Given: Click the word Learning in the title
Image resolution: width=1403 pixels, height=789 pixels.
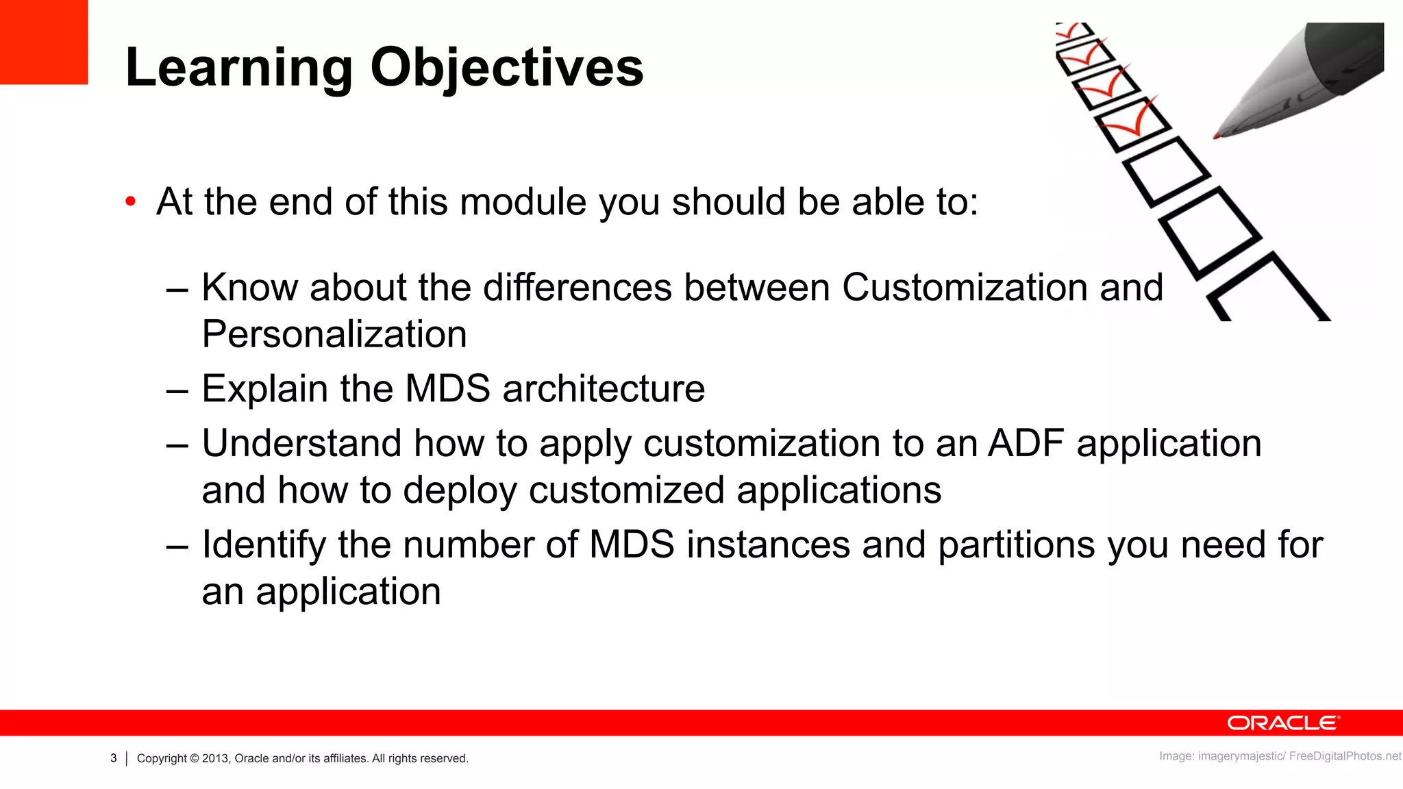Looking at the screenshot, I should [x=238, y=68].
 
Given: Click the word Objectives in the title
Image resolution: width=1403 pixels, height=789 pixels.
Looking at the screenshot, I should [x=507, y=68].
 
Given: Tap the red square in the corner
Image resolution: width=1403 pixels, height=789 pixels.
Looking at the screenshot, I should [x=43, y=42].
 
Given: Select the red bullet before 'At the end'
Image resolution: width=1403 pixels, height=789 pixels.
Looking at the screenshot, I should [x=130, y=202].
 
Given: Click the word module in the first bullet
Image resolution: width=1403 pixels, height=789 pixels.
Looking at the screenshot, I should [x=523, y=202].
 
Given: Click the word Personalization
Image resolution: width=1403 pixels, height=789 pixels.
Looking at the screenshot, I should [x=334, y=334].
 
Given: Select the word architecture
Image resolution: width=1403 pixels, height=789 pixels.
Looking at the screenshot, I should [x=604, y=388].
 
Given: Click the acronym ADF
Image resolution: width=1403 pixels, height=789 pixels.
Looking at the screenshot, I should [x=1026, y=443].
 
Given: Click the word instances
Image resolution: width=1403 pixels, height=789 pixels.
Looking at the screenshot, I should [x=769, y=545].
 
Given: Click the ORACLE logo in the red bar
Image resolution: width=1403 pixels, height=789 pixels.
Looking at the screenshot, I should [x=1283, y=723].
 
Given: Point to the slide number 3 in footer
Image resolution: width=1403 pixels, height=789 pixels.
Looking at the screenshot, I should [x=114, y=758].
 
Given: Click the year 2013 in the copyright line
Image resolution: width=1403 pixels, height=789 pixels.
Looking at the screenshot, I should [x=215, y=758].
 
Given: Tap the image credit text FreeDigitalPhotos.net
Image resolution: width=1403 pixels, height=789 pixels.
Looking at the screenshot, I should [x=1345, y=756].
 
